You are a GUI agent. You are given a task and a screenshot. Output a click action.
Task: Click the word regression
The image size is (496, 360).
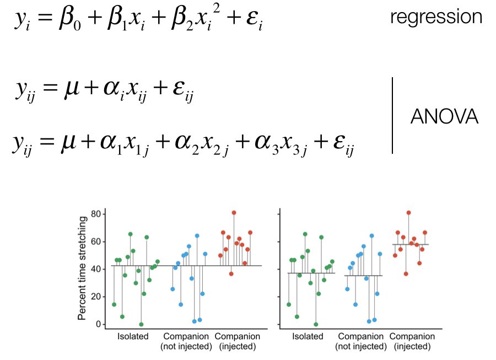pos(436,17)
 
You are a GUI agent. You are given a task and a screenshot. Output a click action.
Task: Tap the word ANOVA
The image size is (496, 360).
pos(445,116)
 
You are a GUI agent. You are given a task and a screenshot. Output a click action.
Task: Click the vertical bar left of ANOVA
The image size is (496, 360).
pos(393,115)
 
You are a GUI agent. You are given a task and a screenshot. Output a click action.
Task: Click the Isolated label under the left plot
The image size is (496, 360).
pos(133,336)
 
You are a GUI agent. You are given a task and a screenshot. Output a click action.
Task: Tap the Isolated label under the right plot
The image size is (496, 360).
pos(308,336)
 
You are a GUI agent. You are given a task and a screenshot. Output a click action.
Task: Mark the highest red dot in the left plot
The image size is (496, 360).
pos(234,212)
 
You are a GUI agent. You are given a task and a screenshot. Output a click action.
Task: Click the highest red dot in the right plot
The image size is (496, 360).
pos(408,212)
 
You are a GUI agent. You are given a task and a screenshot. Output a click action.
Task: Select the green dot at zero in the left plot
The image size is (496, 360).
pos(141,324)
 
